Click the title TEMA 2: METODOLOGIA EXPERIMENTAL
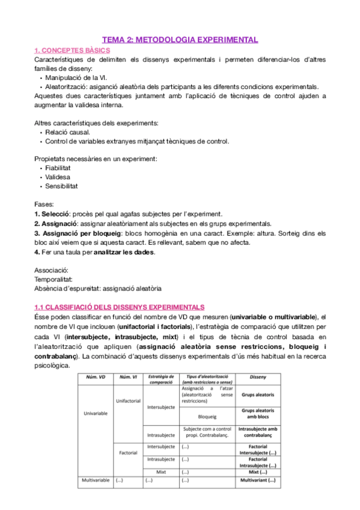pyautogui.click(x=180, y=40)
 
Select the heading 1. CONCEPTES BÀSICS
pyautogui.click(x=72, y=51)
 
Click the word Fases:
pyautogui.click(x=44, y=204)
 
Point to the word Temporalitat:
pyautogui.click(x=55, y=280)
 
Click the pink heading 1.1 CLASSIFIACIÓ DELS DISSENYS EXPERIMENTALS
pyautogui.click(x=120, y=307)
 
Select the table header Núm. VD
pyautogui.click(x=94, y=377)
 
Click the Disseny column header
pyautogui.click(x=257, y=377)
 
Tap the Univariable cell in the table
pyautogui.click(x=94, y=414)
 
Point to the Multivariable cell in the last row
pyautogui.click(x=94, y=481)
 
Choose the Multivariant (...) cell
pyautogui.click(x=257, y=481)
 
